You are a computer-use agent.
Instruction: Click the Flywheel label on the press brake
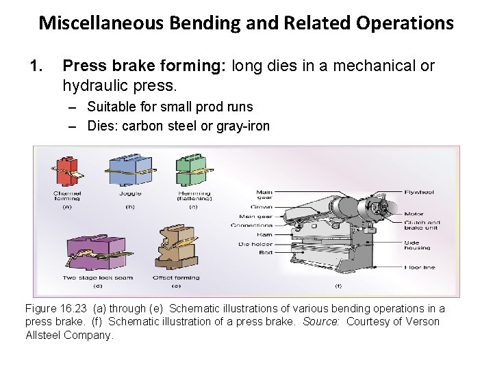(x=418, y=192)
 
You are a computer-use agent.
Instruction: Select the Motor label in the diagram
(x=414, y=214)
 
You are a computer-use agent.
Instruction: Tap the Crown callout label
(x=262, y=207)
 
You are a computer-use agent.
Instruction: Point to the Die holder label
(x=256, y=244)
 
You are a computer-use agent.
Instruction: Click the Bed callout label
(x=266, y=253)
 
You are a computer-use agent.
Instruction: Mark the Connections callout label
(x=252, y=225)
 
